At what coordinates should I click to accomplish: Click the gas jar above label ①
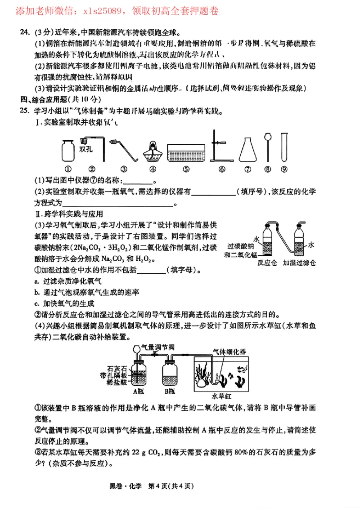click(x=68, y=150)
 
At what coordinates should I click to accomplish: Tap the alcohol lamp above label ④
click(x=153, y=151)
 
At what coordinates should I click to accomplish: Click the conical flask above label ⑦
click(x=247, y=150)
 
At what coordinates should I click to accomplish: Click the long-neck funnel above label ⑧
click(x=269, y=147)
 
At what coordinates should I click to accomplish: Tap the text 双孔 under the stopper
click(x=86, y=150)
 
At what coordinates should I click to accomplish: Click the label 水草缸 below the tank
click(x=221, y=397)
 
